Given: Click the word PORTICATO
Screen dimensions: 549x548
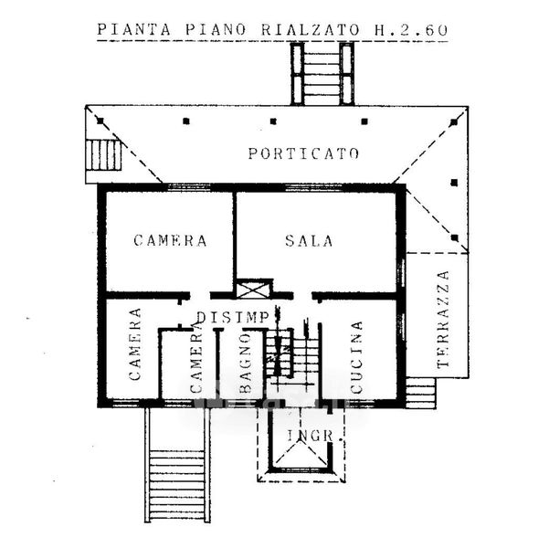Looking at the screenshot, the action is click(303, 153).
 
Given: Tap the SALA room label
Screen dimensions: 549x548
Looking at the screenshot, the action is click(309, 241).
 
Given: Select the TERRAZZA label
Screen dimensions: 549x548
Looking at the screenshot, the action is click(444, 320).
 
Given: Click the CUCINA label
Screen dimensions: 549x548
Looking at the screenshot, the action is click(356, 356).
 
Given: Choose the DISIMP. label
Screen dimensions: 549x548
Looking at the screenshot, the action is click(234, 317).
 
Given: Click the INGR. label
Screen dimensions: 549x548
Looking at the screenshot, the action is click(314, 436).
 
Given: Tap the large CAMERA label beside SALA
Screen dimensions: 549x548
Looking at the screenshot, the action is click(170, 241).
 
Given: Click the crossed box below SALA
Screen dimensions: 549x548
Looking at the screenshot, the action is click(254, 290).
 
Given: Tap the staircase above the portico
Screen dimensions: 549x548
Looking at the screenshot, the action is click(322, 72).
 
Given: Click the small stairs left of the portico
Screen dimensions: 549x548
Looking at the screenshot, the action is click(105, 155).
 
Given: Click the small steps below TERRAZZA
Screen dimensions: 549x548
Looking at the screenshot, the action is click(420, 393).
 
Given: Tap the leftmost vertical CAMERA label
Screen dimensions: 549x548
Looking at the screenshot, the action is click(134, 344).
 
